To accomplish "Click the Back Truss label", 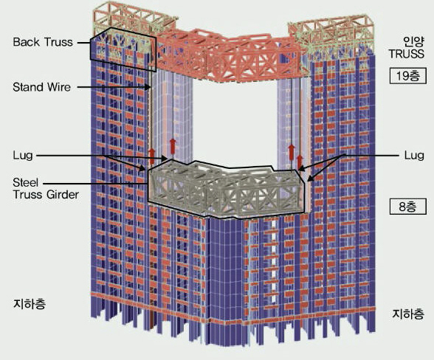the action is click(43, 42).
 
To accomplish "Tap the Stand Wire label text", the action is click(42, 87).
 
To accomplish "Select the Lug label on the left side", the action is click(23, 155).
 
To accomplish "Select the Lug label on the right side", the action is click(414, 155).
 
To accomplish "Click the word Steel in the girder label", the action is click(25, 183).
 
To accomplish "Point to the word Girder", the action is click(63, 195).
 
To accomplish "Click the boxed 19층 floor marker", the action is click(407, 75).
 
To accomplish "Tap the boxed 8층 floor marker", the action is click(407, 207).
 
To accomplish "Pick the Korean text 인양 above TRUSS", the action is click(413, 42).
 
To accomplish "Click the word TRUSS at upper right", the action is click(407, 54).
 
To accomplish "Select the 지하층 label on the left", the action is click(30, 304).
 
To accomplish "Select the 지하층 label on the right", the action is click(408, 314).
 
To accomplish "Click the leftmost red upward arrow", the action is click(152, 156).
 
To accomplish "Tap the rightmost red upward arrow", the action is click(300, 162).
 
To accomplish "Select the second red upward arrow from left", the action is click(173, 146).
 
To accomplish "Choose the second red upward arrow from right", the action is click(291, 152).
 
